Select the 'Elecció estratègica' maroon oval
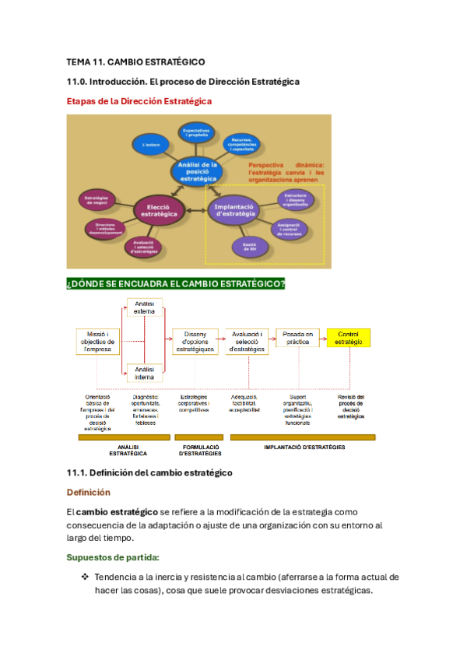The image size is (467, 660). click(x=160, y=209)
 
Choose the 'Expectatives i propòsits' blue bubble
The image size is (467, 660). click(x=198, y=132)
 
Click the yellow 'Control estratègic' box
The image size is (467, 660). click(x=349, y=338)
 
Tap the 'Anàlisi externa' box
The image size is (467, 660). click(x=144, y=307)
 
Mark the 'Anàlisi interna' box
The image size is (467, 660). click(x=144, y=373)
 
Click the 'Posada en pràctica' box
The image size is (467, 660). click(x=298, y=338)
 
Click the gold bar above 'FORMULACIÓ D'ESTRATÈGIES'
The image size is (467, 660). click(x=200, y=437)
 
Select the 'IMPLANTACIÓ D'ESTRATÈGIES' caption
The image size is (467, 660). click(x=304, y=448)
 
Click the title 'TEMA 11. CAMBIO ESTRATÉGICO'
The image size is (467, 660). click(x=135, y=61)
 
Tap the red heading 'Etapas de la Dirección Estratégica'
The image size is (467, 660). click(x=139, y=100)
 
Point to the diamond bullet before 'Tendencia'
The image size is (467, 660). click(x=85, y=577)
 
